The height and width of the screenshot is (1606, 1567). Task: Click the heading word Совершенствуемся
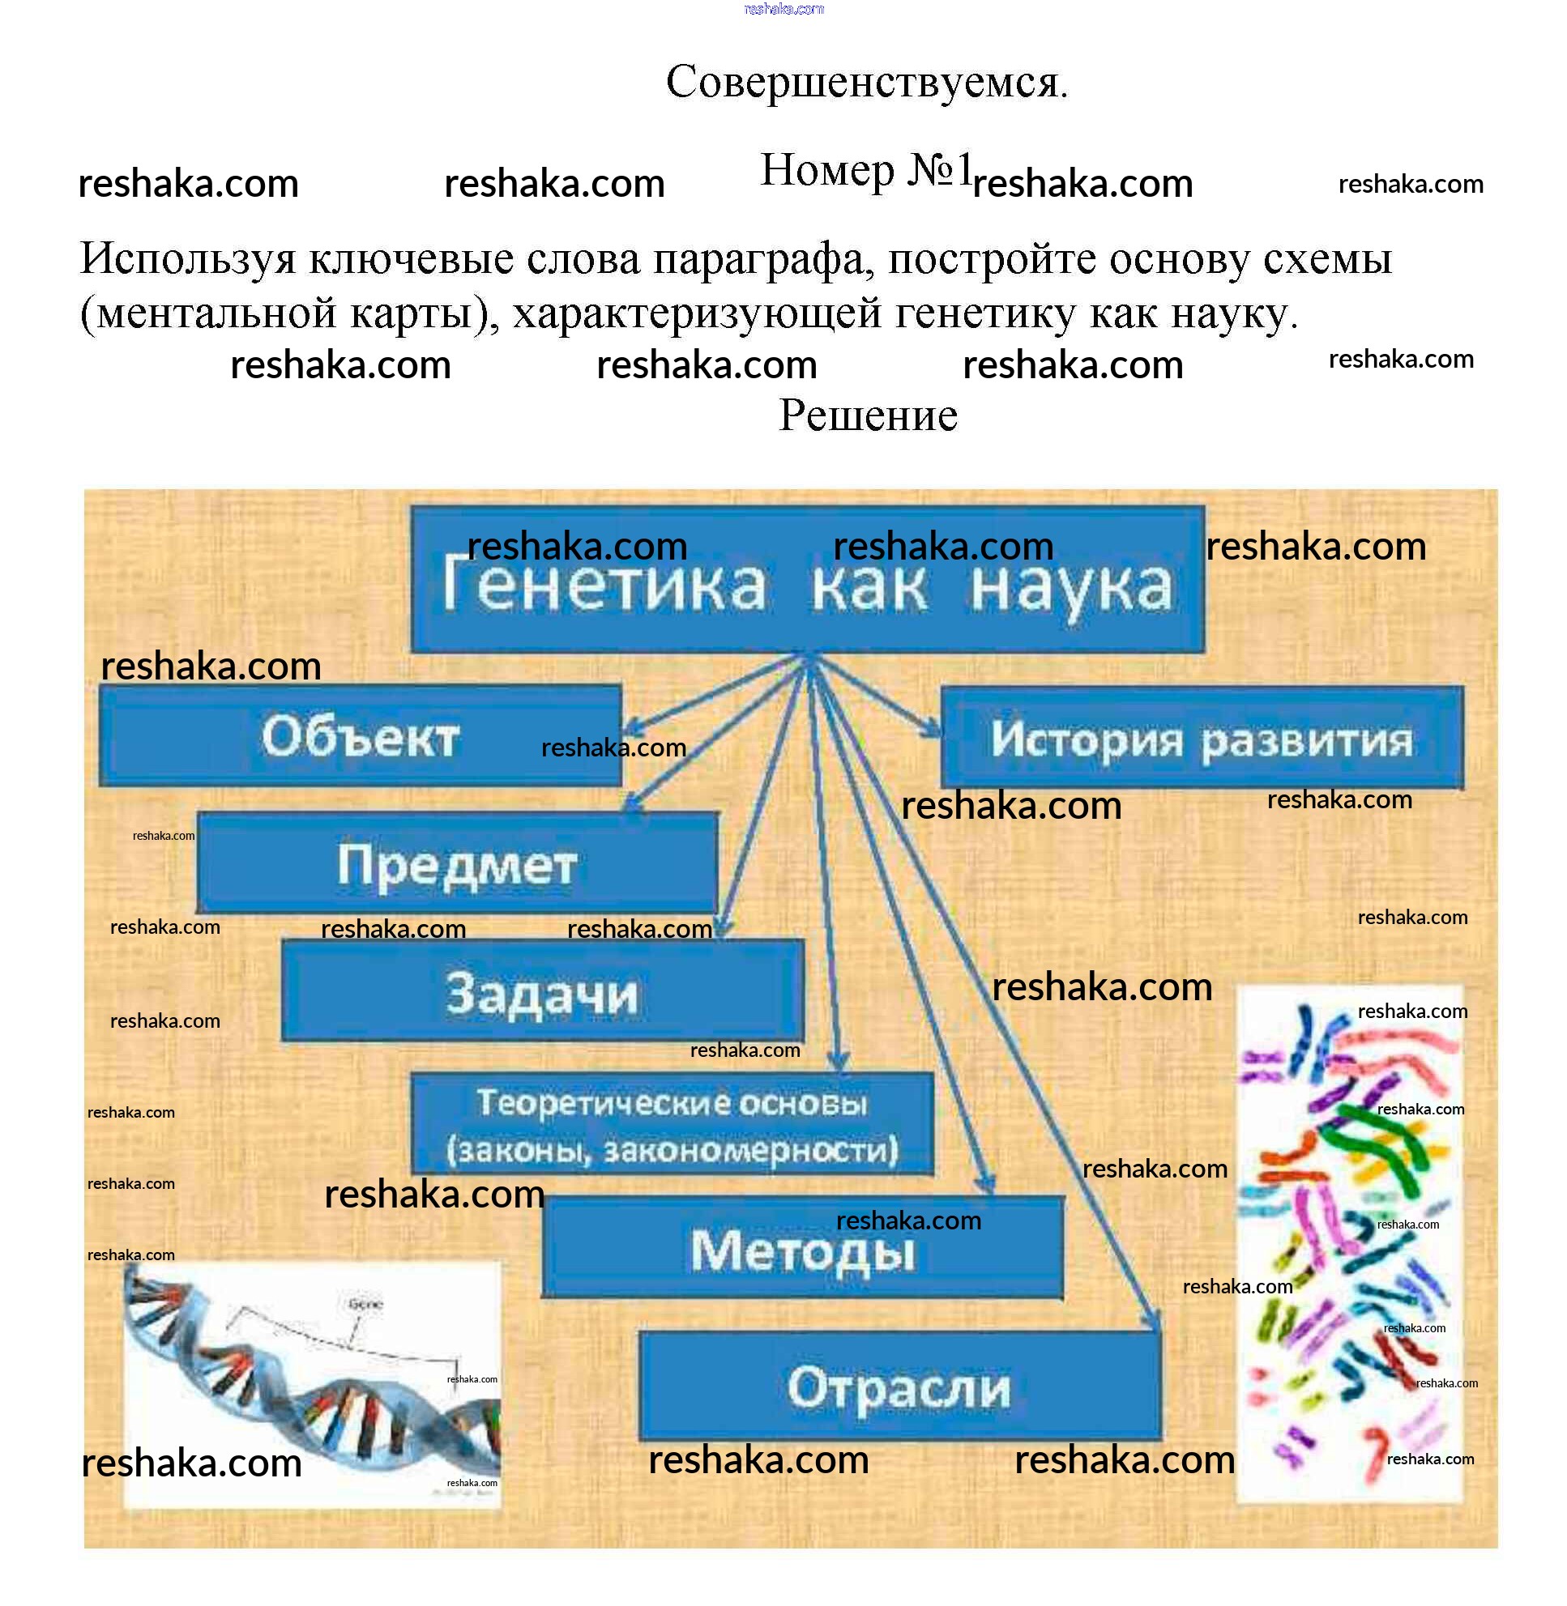coord(866,83)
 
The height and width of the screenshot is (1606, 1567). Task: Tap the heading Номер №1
coord(865,170)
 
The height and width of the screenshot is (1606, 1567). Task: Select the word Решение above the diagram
coord(868,415)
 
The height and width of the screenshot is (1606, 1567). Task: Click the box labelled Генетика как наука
coord(806,581)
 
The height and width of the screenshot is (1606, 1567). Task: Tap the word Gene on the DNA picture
coord(365,1304)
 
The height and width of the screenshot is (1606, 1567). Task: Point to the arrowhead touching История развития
coord(933,729)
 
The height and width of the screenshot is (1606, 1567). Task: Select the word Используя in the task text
coord(188,260)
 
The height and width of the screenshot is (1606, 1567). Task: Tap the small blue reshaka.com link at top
coord(783,9)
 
